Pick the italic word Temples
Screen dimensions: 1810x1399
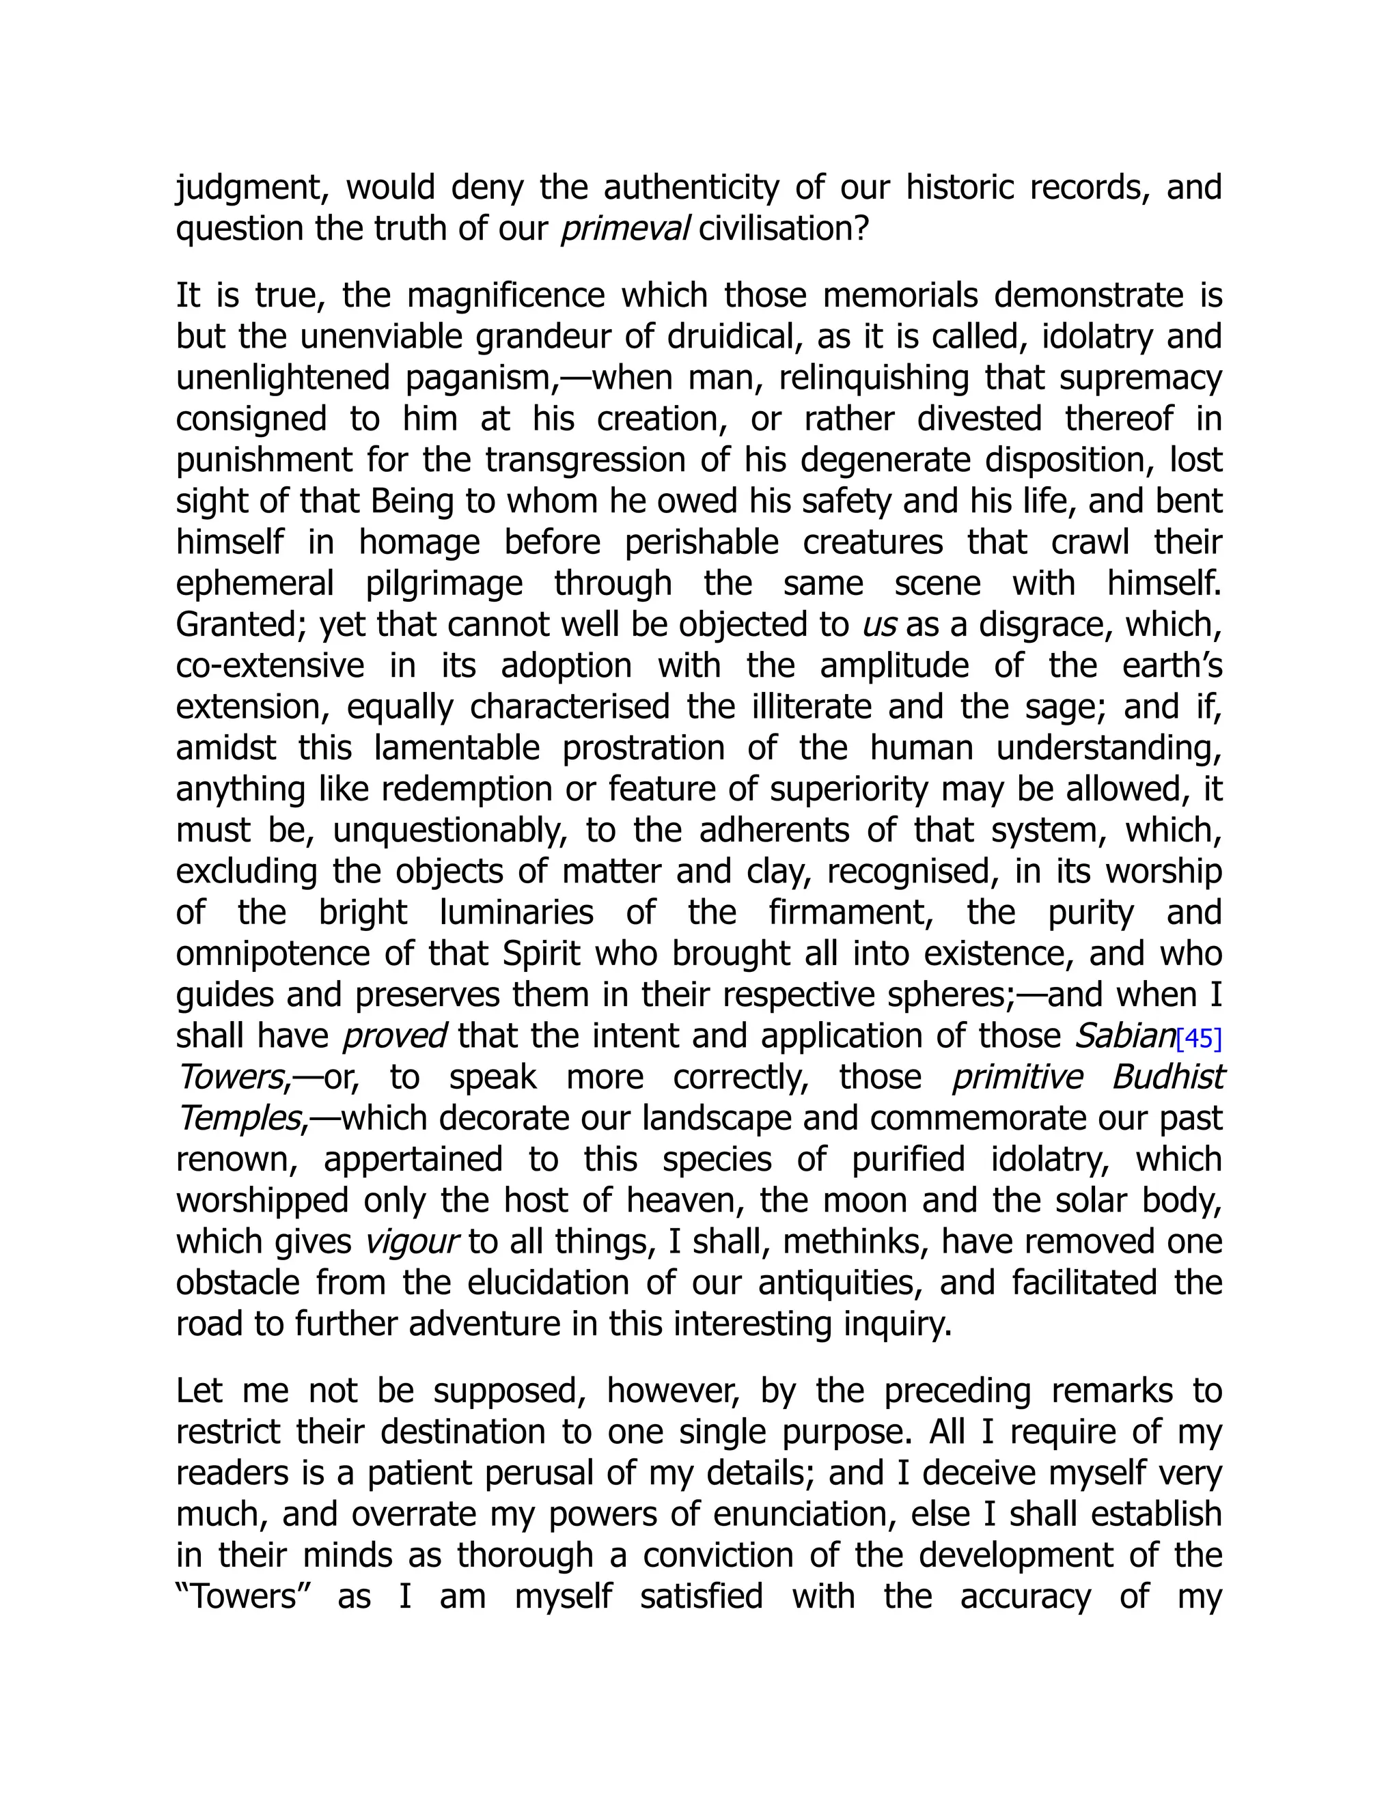coord(238,1119)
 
